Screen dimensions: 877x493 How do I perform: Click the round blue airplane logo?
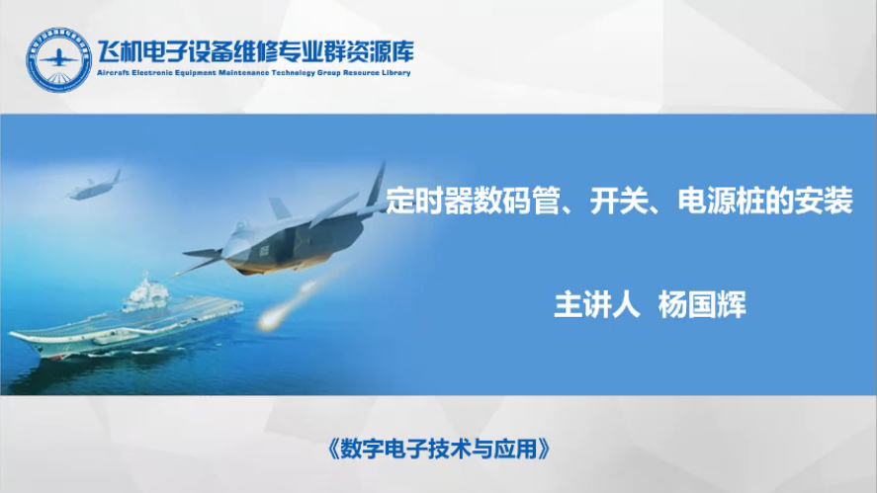[58, 59]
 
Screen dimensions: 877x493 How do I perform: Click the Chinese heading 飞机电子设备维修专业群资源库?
[256, 52]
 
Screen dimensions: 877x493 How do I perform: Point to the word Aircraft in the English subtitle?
[113, 73]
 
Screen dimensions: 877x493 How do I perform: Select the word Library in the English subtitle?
[396, 73]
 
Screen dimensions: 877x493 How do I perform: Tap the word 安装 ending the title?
[824, 201]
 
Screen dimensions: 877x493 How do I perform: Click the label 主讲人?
[597, 305]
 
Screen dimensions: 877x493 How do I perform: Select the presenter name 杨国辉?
[702, 305]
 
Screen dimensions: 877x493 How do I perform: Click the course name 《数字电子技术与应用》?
[439, 449]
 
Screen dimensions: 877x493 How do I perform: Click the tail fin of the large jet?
[377, 185]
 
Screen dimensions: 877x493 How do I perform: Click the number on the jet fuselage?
[263, 250]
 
